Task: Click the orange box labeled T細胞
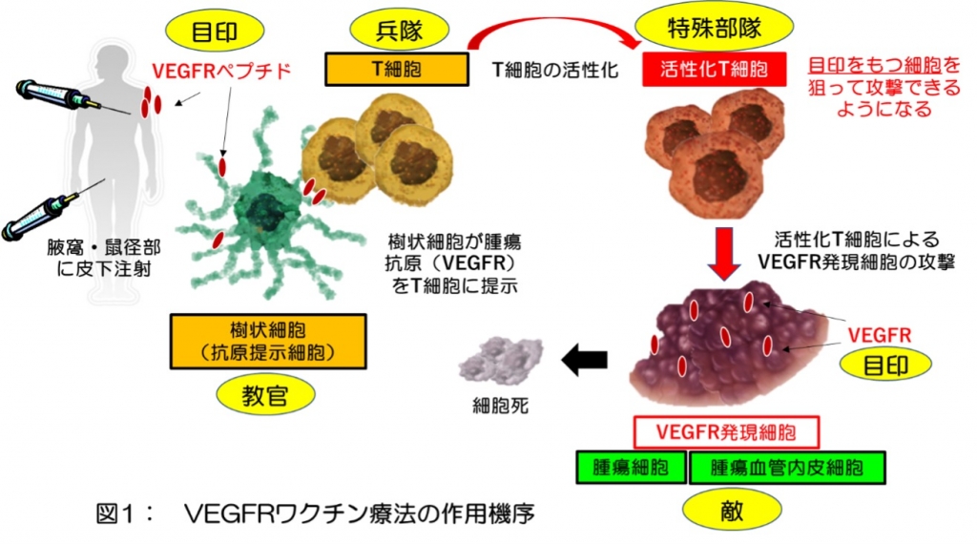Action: pyautogui.click(x=396, y=69)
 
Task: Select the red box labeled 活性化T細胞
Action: pyautogui.click(x=717, y=70)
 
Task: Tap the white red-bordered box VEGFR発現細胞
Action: pyautogui.click(x=727, y=431)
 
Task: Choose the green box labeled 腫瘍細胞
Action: pyautogui.click(x=631, y=468)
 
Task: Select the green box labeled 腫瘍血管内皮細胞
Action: pyautogui.click(x=788, y=468)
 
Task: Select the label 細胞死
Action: pyautogui.click(x=499, y=406)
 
